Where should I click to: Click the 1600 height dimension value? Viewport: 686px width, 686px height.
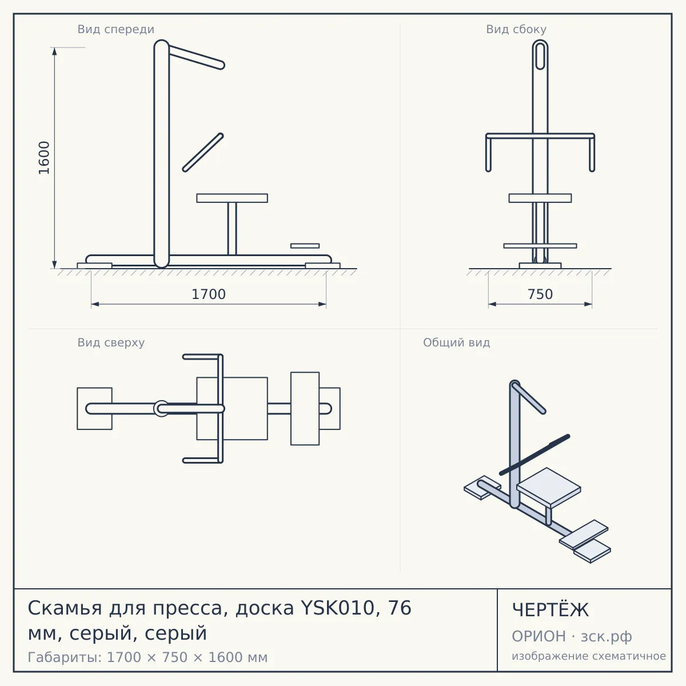[x=44, y=158]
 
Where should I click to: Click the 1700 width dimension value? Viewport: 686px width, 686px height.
[x=209, y=294]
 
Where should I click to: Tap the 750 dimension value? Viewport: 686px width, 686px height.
[x=540, y=294]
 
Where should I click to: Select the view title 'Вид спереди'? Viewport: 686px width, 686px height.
[x=115, y=29]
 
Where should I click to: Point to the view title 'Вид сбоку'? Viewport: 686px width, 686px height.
[x=516, y=29]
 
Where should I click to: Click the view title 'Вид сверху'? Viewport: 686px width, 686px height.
[x=111, y=342]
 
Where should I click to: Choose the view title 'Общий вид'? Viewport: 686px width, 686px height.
[x=456, y=342]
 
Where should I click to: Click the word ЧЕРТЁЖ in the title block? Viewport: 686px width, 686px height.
[x=551, y=610]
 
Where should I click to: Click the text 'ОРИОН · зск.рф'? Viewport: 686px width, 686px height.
[x=572, y=636]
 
